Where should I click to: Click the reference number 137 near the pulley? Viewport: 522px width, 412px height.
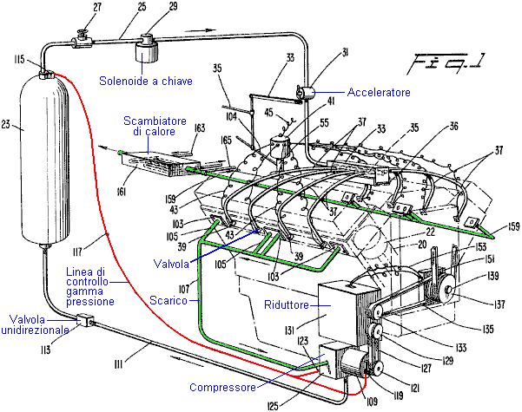pyautogui.click(x=477, y=304)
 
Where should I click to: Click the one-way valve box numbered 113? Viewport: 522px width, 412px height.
pyautogui.click(x=85, y=322)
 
